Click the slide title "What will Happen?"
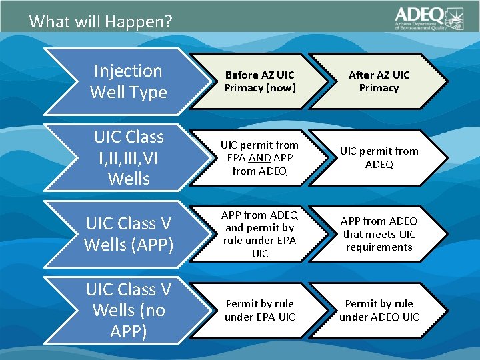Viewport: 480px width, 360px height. [101, 21]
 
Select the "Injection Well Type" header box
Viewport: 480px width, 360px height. [128, 81]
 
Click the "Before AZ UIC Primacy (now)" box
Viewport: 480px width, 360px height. [259, 81]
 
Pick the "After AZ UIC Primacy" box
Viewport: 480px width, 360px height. [379, 81]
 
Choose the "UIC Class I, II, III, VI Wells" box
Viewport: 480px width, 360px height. [128, 157]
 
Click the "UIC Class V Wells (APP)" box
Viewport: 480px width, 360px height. [128, 234]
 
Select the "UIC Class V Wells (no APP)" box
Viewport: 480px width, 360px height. [128, 310]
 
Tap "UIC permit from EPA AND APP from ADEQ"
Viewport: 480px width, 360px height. [259, 157]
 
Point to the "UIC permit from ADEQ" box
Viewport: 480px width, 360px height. [379, 157]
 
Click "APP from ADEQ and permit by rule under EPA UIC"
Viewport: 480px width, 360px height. [259, 234]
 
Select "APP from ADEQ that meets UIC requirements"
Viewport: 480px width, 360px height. [379, 234]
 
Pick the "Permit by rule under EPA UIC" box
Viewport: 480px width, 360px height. [259, 310]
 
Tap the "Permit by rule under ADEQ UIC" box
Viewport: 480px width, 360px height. [379, 310]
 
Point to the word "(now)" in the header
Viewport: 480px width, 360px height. [281, 88]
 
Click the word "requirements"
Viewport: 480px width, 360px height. [379, 247]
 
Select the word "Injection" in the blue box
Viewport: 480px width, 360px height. [128, 71]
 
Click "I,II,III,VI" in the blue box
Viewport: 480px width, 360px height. [128, 157]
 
